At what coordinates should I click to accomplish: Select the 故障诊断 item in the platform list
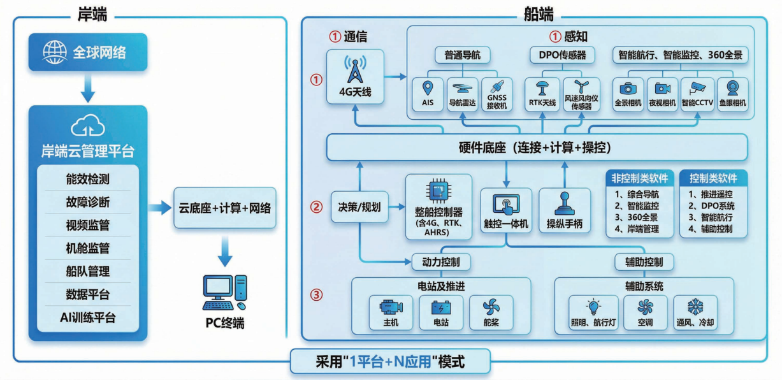click(88, 202)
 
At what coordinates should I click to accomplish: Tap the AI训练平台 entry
click(88, 317)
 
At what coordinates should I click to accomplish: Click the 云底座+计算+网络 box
click(225, 208)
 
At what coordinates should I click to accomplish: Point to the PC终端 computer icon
click(224, 293)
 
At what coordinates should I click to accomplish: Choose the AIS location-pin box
click(428, 94)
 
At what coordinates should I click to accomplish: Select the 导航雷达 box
click(463, 94)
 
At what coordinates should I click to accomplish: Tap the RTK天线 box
click(543, 94)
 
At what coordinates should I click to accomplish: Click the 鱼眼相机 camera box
click(733, 94)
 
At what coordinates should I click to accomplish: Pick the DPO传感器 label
click(558, 55)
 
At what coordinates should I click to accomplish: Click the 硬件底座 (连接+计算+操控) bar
click(535, 148)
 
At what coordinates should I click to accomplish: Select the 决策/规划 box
click(356, 207)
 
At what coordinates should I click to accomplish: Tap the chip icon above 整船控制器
click(438, 191)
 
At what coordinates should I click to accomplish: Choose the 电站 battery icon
click(441, 308)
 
